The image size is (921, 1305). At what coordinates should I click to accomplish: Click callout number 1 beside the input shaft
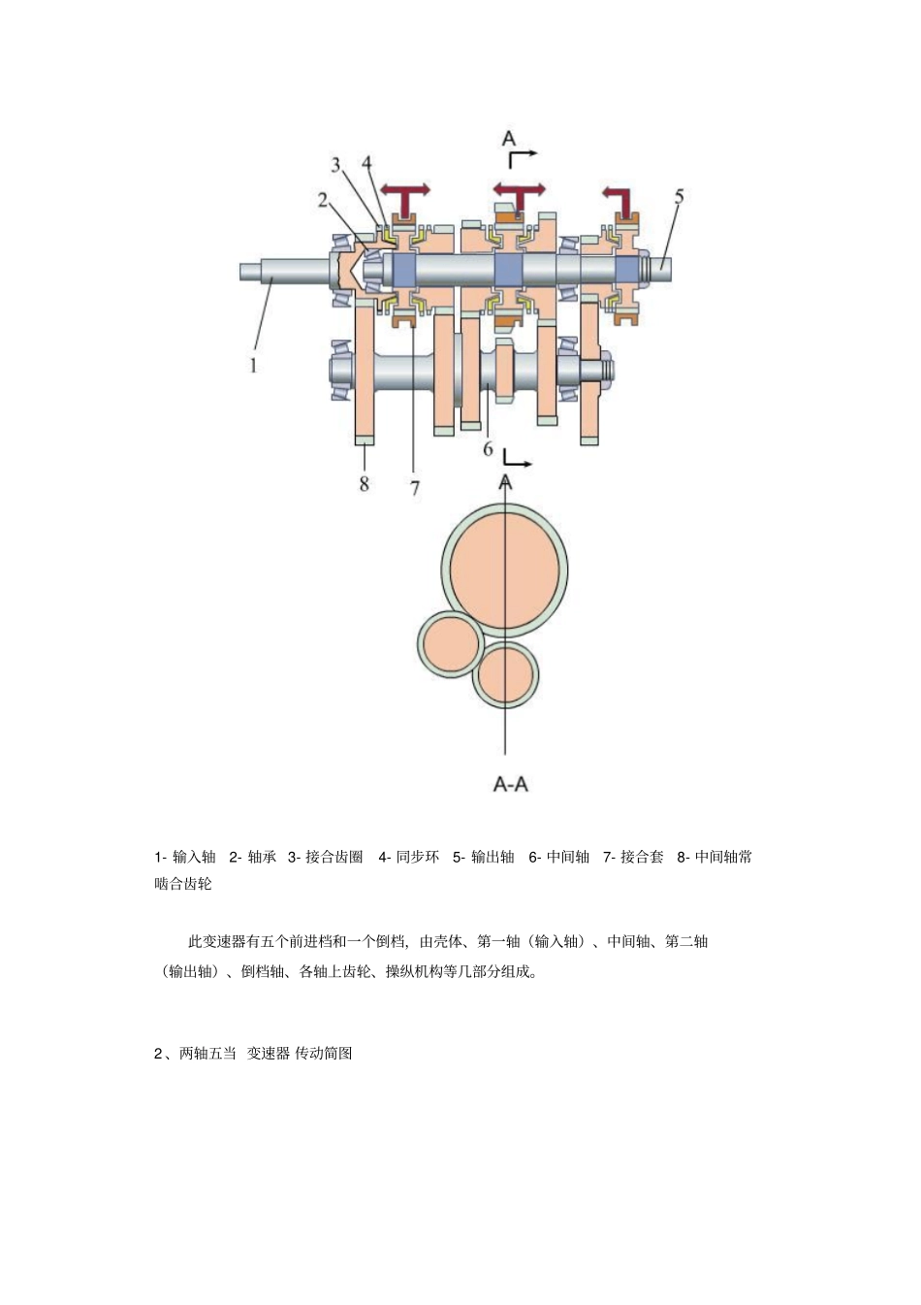[x=254, y=366]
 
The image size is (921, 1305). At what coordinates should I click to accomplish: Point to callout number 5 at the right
[x=679, y=197]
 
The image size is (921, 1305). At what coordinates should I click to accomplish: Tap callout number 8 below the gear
[x=365, y=482]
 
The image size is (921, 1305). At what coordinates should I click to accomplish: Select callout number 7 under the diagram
[x=415, y=488]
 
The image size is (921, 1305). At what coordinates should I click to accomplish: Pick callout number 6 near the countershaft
[x=489, y=449]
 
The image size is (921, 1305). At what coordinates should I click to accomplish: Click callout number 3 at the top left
[x=336, y=165]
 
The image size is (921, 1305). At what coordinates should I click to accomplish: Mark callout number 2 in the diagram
[x=323, y=200]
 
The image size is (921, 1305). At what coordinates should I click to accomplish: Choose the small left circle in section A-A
[x=451, y=644]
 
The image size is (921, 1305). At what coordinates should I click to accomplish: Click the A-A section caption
[x=510, y=784]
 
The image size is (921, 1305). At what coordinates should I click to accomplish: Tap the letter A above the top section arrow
[x=508, y=139]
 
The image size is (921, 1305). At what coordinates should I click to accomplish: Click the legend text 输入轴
[x=194, y=857]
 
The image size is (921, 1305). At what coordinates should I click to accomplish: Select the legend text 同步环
[x=418, y=857]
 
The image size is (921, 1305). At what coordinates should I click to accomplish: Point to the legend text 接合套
[x=642, y=857]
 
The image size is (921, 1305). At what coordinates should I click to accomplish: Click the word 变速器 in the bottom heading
[x=268, y=1054]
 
